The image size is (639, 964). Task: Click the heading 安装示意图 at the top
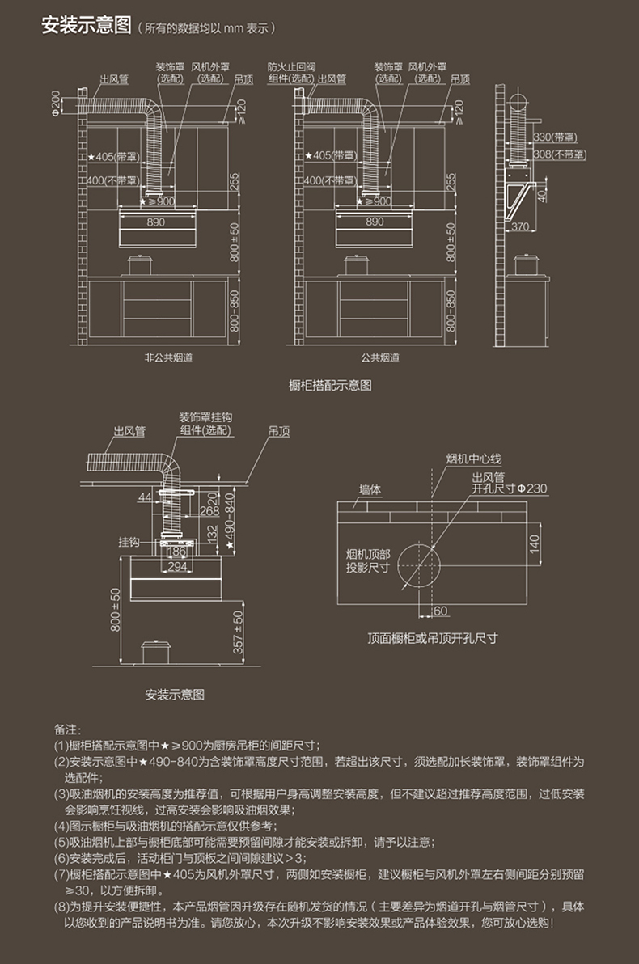click(x=86, y=26)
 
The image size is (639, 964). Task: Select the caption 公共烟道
click(x=380, y=357)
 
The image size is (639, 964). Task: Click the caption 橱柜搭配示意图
click(x=330, y=386)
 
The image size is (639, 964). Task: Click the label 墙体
click(x=370, y=488)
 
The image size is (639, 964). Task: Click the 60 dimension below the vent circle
click(x=441, y=610)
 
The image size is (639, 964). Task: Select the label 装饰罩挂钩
click(x=205, y=417)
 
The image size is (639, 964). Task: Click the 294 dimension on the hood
click(x=176, y=567)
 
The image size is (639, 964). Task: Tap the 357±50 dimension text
click(x=238, y=632)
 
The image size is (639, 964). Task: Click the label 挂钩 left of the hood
click(x=129, y=540)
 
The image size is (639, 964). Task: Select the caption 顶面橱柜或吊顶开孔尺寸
click(x=432, y=638)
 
